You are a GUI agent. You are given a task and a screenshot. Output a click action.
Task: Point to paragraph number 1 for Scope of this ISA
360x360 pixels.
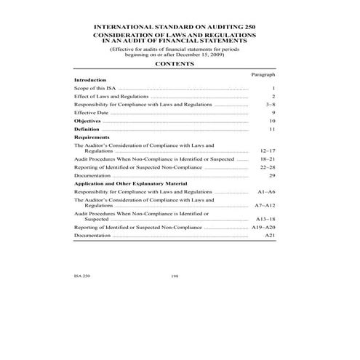[273, 88]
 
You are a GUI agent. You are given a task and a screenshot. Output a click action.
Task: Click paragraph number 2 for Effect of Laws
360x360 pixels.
[273, 96]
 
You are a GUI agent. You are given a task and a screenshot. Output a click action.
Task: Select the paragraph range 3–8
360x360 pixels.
[270, 105]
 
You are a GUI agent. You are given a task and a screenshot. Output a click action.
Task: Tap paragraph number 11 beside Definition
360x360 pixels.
[271, 129]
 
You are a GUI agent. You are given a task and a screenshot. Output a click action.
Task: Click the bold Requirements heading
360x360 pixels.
[92, 137]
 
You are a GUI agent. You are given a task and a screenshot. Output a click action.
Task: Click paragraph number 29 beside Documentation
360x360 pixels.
[271, 175]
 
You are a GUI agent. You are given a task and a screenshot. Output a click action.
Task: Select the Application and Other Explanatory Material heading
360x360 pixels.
[129, 183]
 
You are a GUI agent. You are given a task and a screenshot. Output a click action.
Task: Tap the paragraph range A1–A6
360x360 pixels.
[266, 191]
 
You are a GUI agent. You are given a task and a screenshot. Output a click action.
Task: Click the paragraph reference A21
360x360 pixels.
[270, 235]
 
